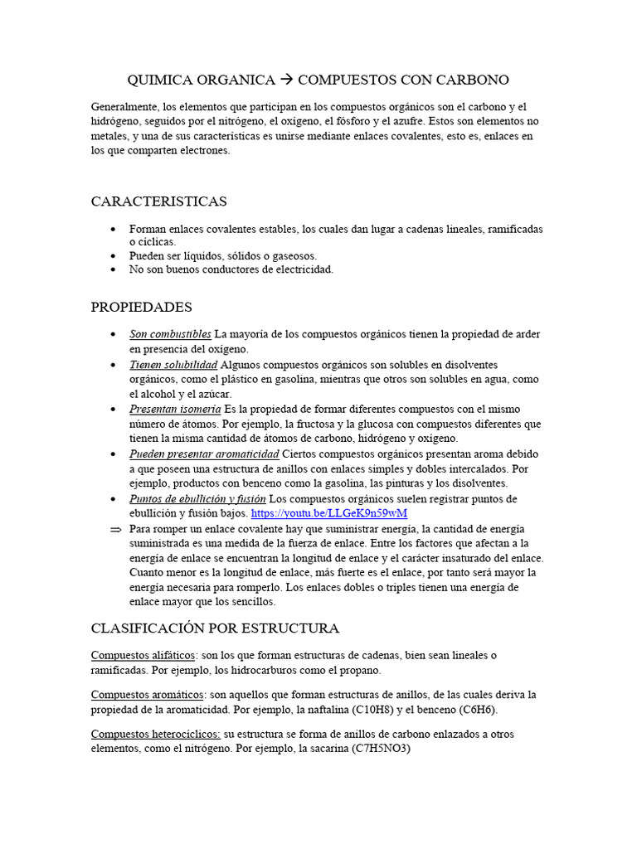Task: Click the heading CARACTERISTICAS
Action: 158,201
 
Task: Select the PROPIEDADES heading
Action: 141,307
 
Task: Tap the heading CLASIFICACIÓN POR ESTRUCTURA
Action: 215,628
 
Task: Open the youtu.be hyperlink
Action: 329,514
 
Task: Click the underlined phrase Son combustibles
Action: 170,334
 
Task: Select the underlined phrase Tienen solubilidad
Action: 173,365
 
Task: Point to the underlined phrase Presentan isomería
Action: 175,410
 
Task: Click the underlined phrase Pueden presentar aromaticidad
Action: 204,454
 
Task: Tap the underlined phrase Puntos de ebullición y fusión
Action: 197,499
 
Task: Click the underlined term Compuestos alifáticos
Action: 143,655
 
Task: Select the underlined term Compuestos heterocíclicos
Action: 155,734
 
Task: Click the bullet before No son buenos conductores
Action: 113,269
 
